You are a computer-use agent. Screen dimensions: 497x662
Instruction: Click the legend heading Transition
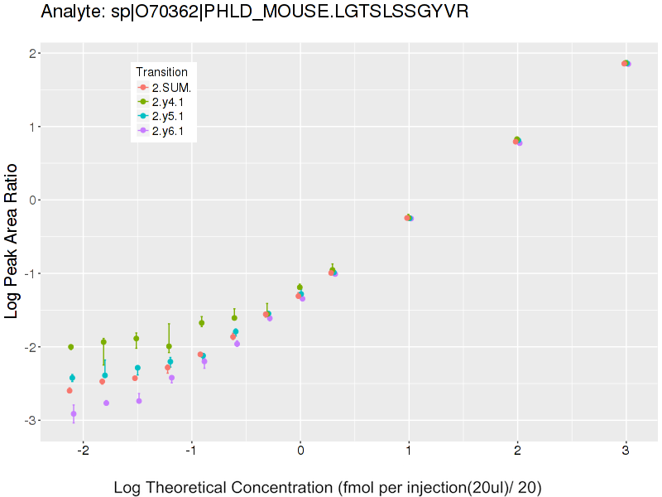coord(161,72)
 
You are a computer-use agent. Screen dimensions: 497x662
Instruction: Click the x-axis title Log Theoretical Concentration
coord(328,487)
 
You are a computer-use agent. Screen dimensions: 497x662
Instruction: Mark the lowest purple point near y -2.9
coord(74,413)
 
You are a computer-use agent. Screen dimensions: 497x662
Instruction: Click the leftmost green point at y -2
coord(71,347)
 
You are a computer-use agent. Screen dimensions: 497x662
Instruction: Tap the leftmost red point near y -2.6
coord(70,390)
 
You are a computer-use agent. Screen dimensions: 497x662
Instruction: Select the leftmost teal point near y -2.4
coord(72,378)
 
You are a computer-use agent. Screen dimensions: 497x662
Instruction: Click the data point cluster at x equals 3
coord(626,63)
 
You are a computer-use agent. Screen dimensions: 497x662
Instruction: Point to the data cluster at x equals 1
coord(409,218)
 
